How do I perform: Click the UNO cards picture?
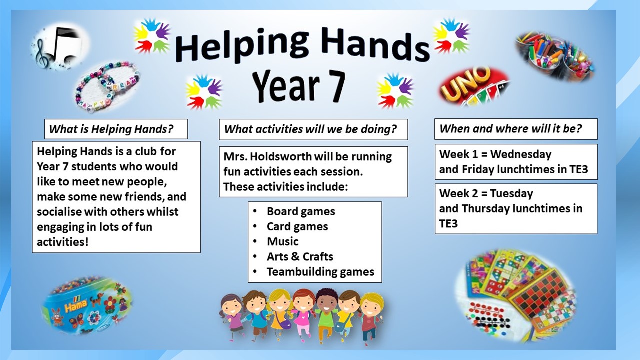pyautogui.click(x=474, y=86)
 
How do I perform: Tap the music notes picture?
pyautogui.click(x=60, y=47)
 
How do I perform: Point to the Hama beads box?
pyautogui.click(x=87, y=305)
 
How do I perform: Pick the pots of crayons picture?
pyautogui.click(x=555, y=56)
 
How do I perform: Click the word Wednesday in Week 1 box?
pyautogui.click(x=521, y=154)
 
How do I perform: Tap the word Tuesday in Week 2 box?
pyautogui.click(x=511, y=193)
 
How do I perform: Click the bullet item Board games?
pyautogui.click(x=301, y=211)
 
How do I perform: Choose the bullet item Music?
pyautogui.click(x=283, y=241)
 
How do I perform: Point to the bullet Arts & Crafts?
pyautogui.click(x=300, y=257)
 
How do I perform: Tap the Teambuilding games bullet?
pyautogui.click(x=320, y=272)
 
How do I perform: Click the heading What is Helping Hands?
pyautogui.click(x=111, y=129)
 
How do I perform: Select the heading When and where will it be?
pyautogui.click(x=511, y=129)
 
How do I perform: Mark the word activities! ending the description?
pyautogui.click(x=63, y=242)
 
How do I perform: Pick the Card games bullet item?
pyautogui.click(x=297, y=227)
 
